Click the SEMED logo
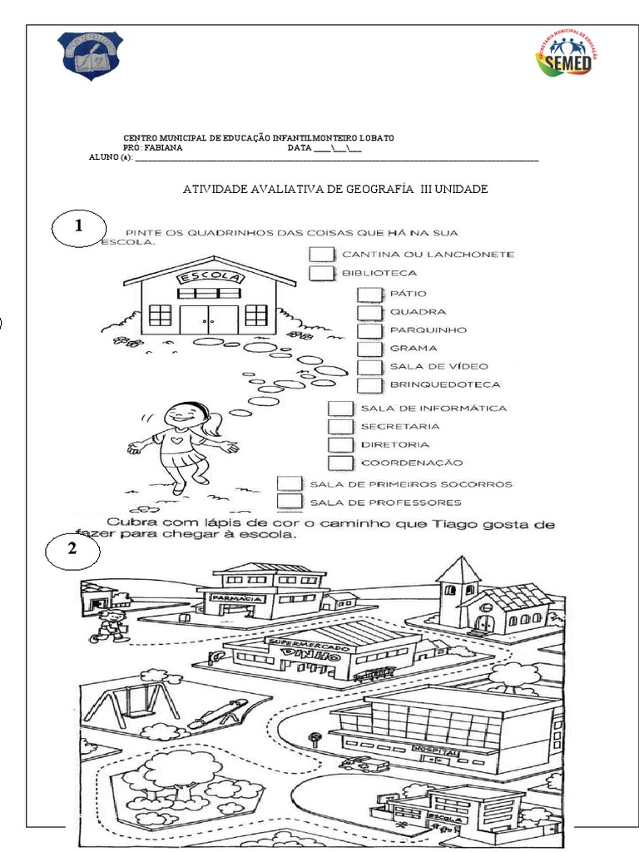[x=566, y=56]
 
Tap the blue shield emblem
[x=89, y=55]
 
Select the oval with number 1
[x=79, y=227]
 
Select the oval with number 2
[x=72, y=550]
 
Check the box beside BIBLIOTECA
[x=321, y=273]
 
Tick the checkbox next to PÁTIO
[x=369, y=295]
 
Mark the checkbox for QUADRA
[x=369, y=313]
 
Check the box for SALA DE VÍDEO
[x=369, y=367]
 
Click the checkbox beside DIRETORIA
[x=340, y=444]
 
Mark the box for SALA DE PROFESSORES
[x=289, y=502]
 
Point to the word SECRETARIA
[x=400, y=426]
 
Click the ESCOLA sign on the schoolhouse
[x=209, y=277]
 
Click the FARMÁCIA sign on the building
[x=238, y=598]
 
